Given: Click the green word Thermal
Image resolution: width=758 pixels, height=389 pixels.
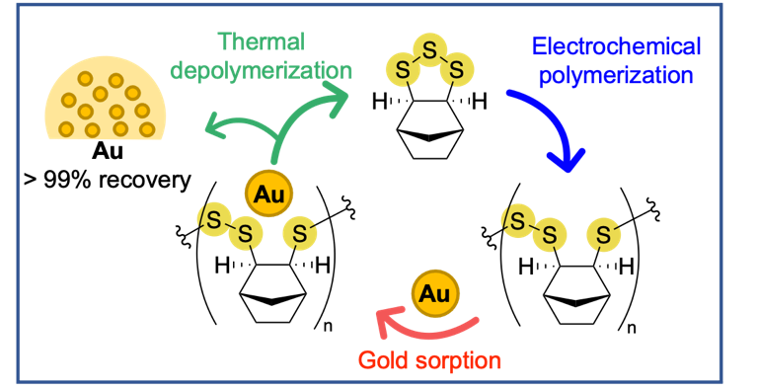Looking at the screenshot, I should coord(261,41).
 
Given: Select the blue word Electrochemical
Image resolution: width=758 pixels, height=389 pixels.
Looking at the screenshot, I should coord(615,46).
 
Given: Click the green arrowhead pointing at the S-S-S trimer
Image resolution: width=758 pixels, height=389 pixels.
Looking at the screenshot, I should coord(338,97).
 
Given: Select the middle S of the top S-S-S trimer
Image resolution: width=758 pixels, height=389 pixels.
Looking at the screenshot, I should coord(428,48).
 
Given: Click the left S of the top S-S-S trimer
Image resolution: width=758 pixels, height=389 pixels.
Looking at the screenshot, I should coord(402,69).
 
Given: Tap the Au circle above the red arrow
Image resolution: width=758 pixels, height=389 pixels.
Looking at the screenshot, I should coord(434,293).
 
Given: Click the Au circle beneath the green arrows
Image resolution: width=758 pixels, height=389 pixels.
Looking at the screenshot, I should coord(267,194).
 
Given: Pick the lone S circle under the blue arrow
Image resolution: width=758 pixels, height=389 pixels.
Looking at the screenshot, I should coord(604,236).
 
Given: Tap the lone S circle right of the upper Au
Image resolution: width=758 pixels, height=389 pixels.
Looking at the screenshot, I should coord(300,234).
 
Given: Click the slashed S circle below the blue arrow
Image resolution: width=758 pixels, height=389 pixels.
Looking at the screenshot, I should coord(518,220).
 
